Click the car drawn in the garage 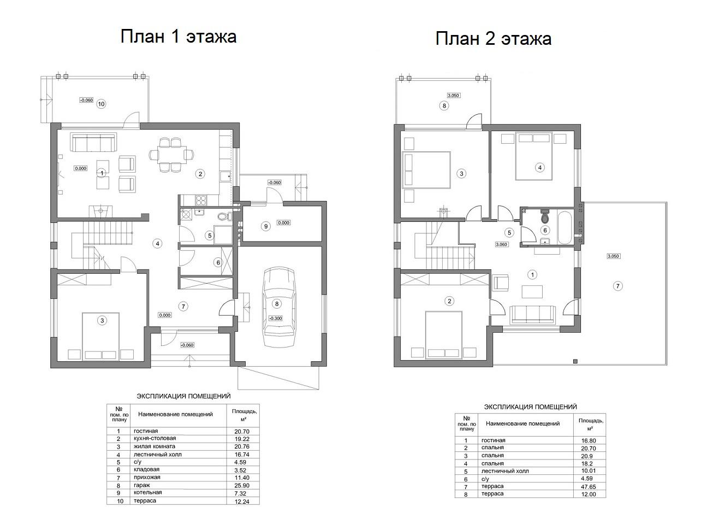point(279,307)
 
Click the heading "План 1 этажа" point(179,36)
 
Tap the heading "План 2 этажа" point(494,39)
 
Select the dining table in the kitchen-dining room point(172,155)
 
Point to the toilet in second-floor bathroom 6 point(545,216)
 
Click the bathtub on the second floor point(564,227)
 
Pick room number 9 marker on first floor point(266,226)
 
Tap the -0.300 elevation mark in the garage point(276,319)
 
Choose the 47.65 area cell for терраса point(589,487)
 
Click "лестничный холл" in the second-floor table point(505,471)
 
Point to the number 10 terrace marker point(101,104)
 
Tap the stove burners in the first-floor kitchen point(201,200)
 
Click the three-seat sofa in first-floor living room point(93,143)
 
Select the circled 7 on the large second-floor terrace point(617,286)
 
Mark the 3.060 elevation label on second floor point(501,244)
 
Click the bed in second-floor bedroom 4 point(534,157)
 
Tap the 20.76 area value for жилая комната point(242,446)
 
